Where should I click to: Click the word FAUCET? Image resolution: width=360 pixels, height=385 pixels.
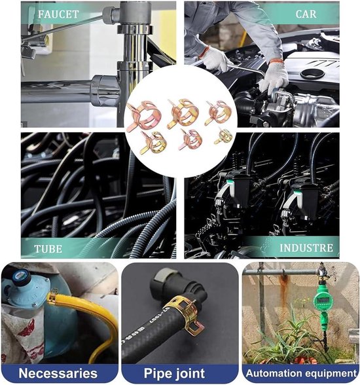[58, 14]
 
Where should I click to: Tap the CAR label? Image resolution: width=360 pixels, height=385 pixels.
[306, 14]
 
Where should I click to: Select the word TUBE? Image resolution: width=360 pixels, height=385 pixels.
[48, 249]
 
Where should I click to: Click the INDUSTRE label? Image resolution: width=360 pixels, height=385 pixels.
[306, 248]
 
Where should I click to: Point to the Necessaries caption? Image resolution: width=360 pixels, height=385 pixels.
[58, 373]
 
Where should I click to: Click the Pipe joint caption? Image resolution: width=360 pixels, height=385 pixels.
[174, 373]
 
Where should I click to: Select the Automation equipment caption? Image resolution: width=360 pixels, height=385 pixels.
[301, 373]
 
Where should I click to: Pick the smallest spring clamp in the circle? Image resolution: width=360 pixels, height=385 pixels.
[224, 137]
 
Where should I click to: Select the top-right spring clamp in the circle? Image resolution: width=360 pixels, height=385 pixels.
[219, 113]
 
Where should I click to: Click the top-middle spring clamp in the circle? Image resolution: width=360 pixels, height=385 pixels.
[181, 113]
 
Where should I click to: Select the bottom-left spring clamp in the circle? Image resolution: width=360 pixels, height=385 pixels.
[153, 143]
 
